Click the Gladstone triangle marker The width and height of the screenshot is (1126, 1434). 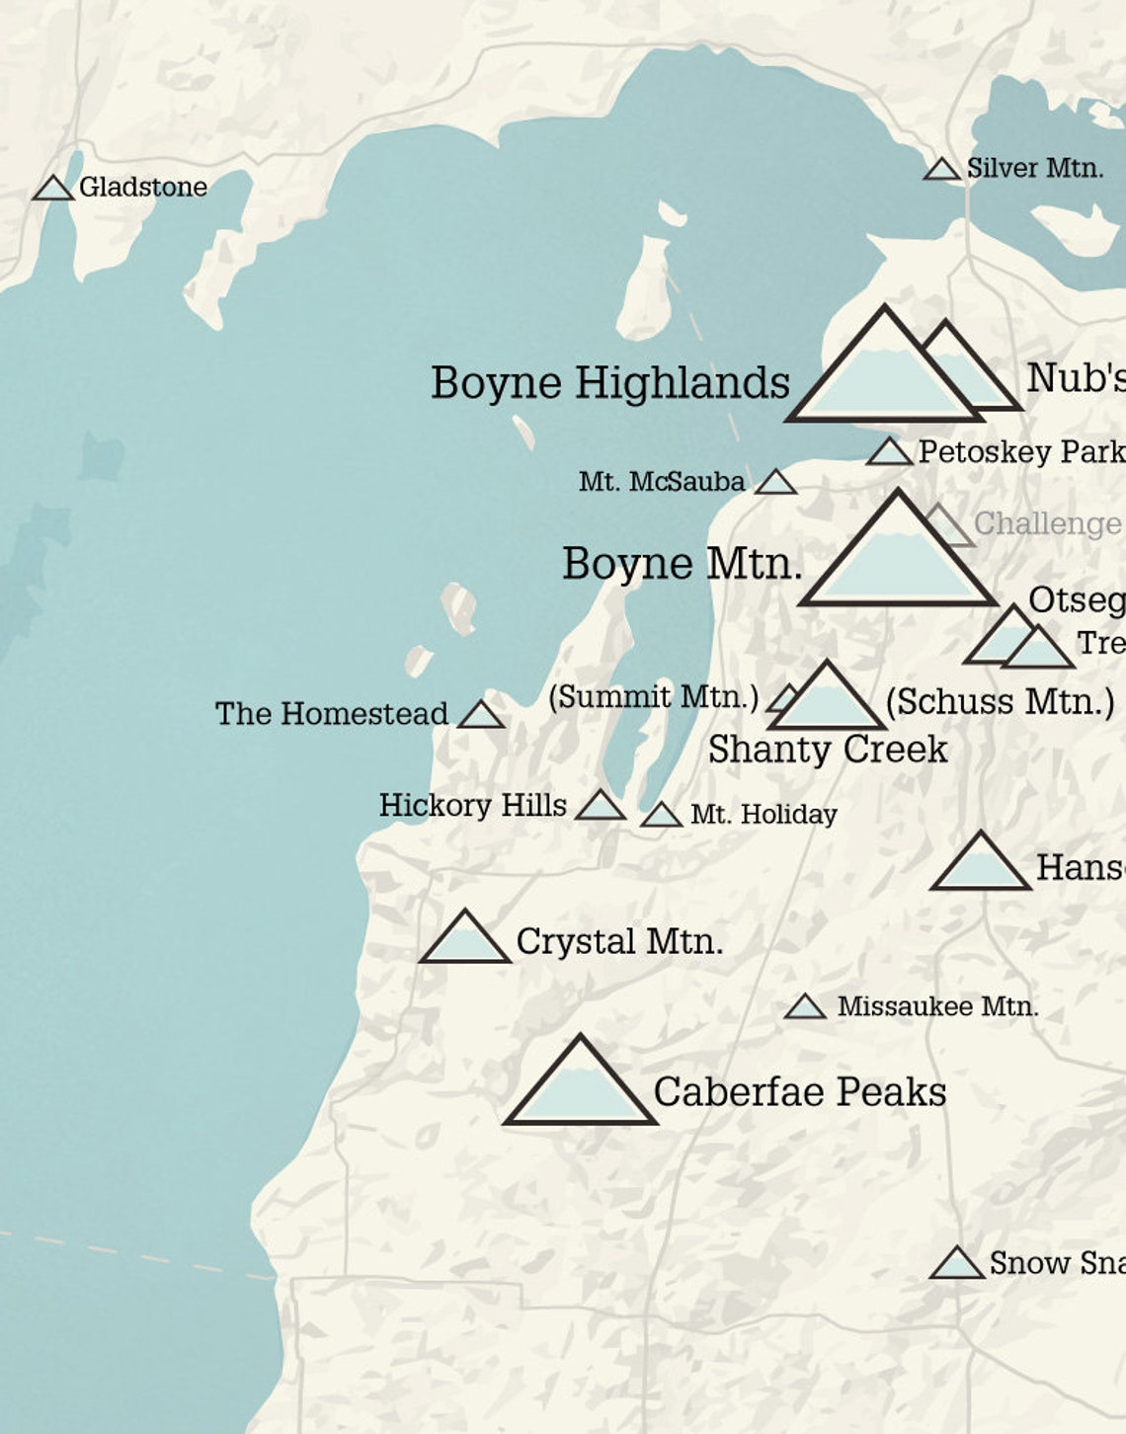(x=53, y=189)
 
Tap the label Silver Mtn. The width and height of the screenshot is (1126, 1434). (x=1034, y=169)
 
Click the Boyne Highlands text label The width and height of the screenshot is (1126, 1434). (x=610, y=383)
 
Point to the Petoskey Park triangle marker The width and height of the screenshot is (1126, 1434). (x=889, y=453)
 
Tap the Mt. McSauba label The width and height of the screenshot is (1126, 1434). (x=662, y=482)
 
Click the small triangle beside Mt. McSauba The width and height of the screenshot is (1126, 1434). (x=775, y=483)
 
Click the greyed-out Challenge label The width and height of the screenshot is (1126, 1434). (x=1047, y=523)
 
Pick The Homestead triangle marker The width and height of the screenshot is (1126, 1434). (x=481, y=715)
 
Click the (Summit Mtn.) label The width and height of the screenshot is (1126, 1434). (x=653, y=697)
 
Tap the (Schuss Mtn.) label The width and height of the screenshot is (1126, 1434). (x=1000, y=702)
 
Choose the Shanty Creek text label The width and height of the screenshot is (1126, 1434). (x=828, y=750)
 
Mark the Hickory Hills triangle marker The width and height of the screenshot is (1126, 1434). (x=600, y=807)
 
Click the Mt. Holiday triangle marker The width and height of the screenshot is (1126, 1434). (x=661, y=816)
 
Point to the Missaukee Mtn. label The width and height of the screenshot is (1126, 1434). (x=937, y=1007)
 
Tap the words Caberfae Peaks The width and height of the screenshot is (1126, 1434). (x=799, y=1092)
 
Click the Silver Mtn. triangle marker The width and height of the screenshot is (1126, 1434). (x=941, y=170)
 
